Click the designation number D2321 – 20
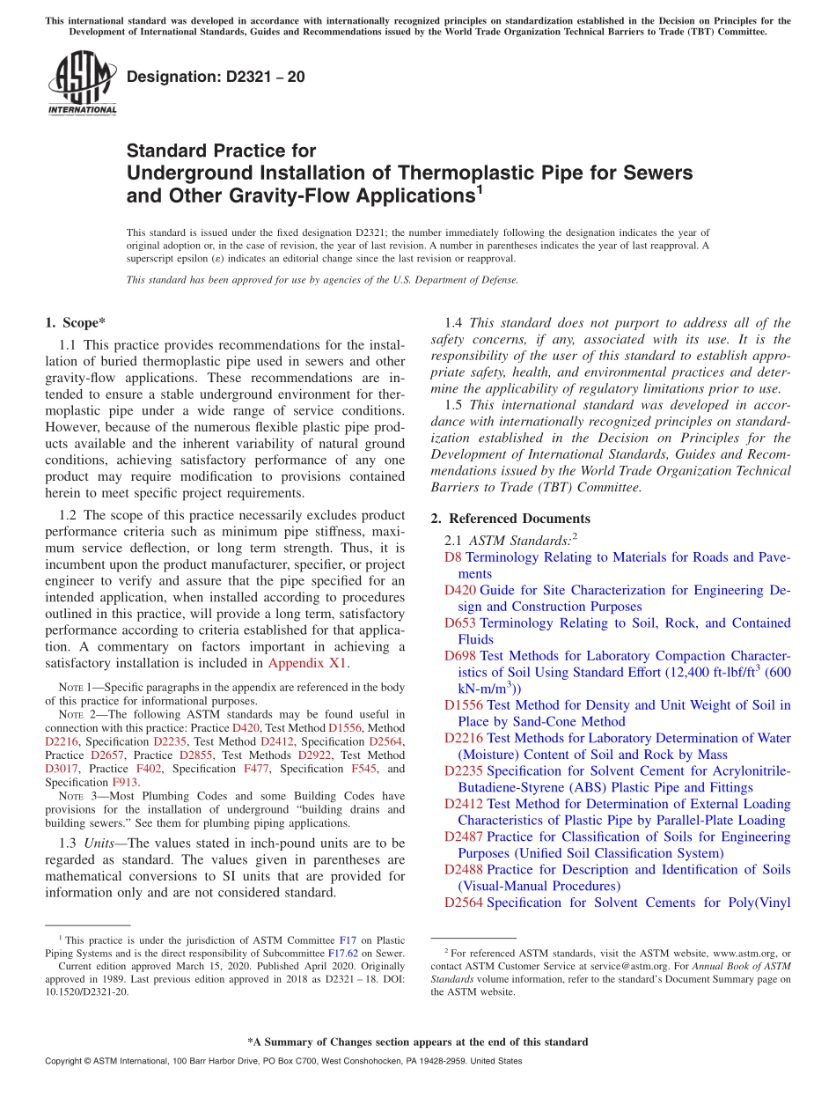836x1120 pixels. point(216,77)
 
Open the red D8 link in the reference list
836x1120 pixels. point(452,557)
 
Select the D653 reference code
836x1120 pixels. point(460,623)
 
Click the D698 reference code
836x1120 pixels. point(460,656)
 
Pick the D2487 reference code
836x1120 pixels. point(464,837)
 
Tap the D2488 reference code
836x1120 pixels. point(464,870)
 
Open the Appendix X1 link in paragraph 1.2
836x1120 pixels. point(308,663)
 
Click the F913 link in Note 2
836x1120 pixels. point(124,782)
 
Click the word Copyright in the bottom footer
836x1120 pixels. point(67,1061)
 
